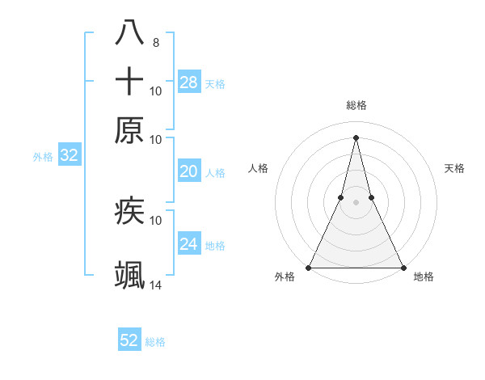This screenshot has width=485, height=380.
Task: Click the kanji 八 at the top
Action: [x=129, y=33]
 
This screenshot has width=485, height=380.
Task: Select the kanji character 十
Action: [x=129, y=82]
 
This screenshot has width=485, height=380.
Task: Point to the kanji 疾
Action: [x=129, y=211]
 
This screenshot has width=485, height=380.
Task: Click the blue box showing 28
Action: [x=189, y=82]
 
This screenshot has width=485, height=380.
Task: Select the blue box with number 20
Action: [x=189, y=171]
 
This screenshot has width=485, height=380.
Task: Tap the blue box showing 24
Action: [x=189, y=244]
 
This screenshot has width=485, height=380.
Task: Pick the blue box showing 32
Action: [x=69, y=156]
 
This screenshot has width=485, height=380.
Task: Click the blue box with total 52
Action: [x=129, y=340]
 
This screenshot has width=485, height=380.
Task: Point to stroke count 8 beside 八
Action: [x=155, y=42]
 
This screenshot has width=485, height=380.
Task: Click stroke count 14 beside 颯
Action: [x=155, y=285]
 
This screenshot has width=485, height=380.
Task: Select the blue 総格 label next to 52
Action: [x=155, y=342]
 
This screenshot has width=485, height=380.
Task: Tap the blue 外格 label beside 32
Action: [x=43, y=157]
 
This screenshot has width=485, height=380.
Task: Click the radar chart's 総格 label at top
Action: [x=356, y=105]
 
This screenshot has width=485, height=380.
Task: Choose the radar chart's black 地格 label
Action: [x=424, y=277]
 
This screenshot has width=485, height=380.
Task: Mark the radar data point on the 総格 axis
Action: [x=356, y=137]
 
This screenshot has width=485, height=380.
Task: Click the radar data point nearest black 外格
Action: [x=310, y=268]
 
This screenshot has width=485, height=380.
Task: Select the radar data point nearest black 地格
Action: [x=403, y=268]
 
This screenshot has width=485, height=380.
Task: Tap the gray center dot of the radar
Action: [x=356, y=202]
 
